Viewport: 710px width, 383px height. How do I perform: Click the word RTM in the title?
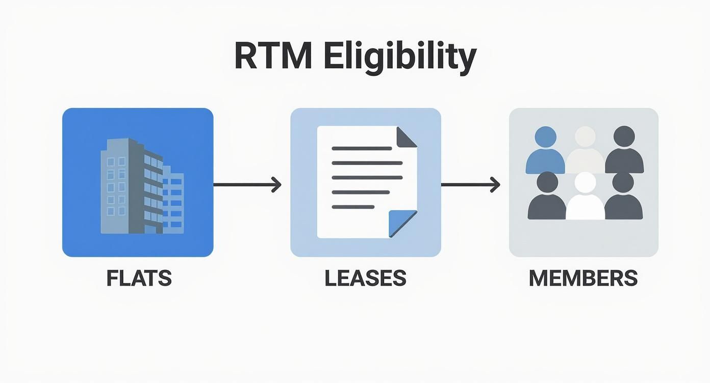coord(273,57)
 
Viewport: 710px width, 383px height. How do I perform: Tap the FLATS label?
coord(139,278)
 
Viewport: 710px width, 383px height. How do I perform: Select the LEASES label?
coord(365,278)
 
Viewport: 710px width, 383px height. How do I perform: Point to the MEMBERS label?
coord(583,278)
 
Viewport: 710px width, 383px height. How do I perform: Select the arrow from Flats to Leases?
coord(247,184)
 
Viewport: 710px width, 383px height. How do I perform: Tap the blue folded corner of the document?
coord(401,223)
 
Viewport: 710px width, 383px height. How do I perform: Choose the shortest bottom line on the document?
coord(353,207)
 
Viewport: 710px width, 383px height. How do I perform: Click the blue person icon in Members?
coord(545,152)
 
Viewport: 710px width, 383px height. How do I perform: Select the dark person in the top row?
coord(624,152)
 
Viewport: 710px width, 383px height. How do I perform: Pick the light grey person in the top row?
coord(585,152)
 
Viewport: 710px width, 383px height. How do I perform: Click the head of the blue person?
coord(545,137)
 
